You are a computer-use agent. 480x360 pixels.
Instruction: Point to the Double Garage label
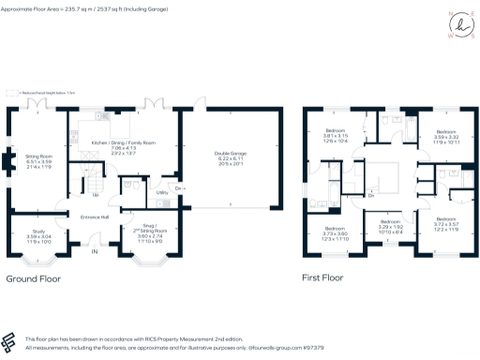click(x=229, y=158)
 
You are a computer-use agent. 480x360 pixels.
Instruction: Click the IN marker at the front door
click(x=93, y=251)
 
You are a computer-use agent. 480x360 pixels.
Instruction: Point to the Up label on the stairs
click(x=96, y=195)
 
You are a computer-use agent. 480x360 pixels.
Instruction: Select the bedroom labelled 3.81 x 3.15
click(x=336, y=135)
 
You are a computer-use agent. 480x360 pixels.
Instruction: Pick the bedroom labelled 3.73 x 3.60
click(x=336, y=233)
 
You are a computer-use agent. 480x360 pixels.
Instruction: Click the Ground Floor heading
click(x=35, y=278)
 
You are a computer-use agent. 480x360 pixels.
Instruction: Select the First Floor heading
click(x=323, y=278)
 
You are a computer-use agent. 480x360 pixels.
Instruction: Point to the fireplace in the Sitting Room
click(x=11, y=161)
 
